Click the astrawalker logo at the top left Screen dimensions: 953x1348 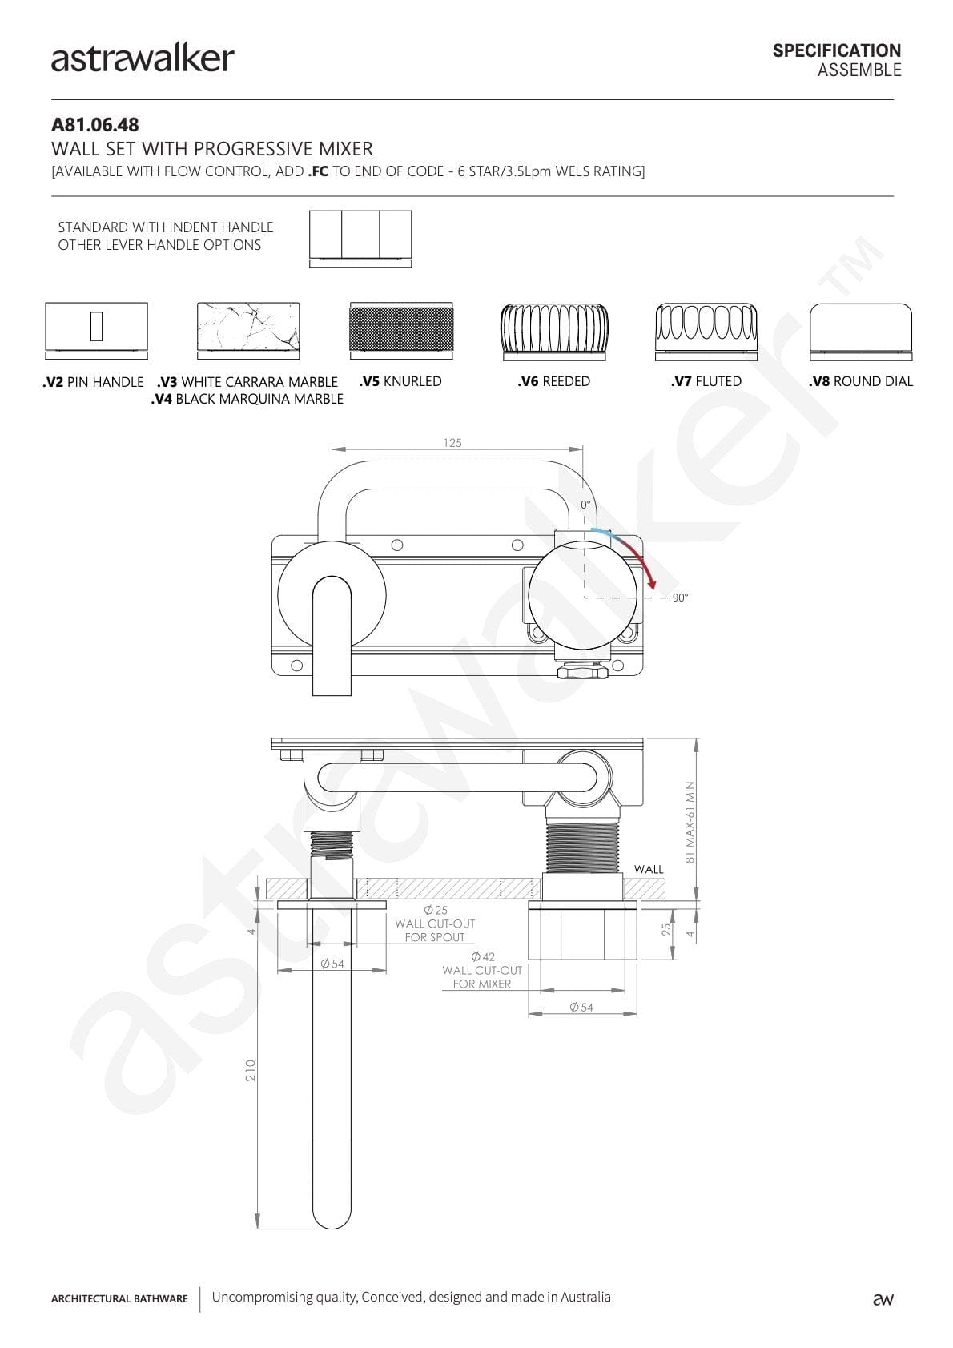[143, 58]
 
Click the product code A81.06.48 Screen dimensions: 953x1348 [95, 125]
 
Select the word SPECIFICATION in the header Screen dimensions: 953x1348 [837, 50]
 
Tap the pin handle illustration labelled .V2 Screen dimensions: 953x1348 [96, 331]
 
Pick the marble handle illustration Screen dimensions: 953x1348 [248, 331]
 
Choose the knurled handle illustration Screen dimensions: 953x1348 [401, 331]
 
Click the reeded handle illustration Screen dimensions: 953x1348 [554, 332]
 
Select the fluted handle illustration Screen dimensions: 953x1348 [706, 332]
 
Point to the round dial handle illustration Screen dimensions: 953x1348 [861, 332]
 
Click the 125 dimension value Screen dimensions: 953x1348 [452, 443]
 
